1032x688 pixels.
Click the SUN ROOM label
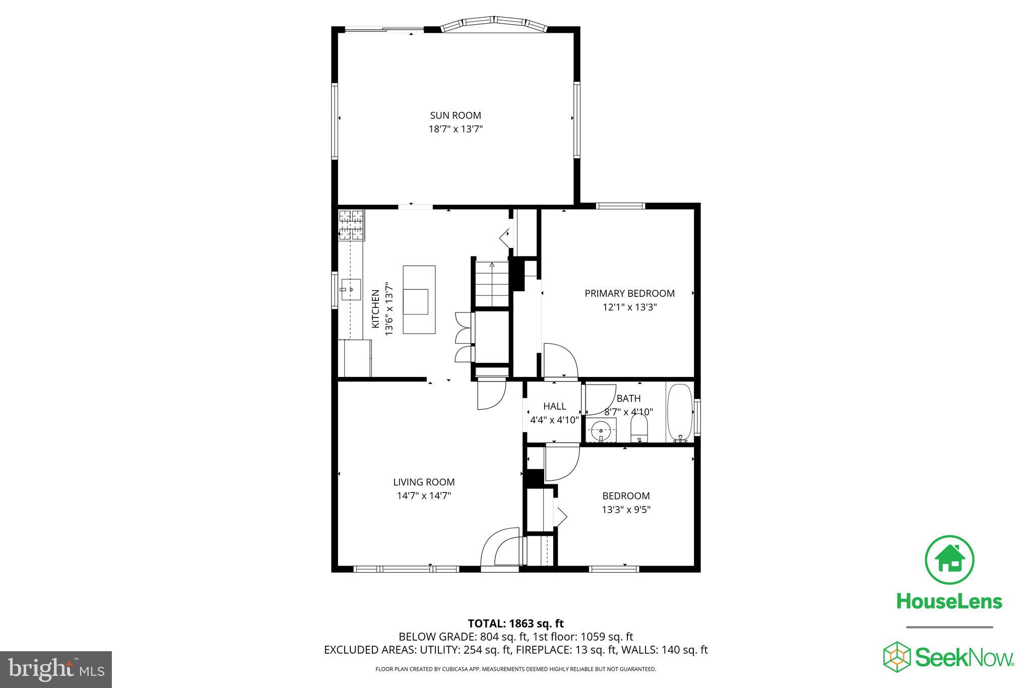click(455, 115)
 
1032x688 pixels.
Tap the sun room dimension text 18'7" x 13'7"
click(455, 129)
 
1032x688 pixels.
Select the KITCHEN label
click(375, 309)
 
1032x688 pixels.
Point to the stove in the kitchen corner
click(351, 225)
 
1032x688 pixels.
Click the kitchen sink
click(351, 289)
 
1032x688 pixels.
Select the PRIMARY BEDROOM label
click(629, 293)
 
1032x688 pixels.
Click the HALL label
click(554, 406)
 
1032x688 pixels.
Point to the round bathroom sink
click(601, 430)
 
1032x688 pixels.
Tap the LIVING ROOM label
click(424, 482)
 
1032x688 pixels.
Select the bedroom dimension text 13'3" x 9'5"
click(626, 510)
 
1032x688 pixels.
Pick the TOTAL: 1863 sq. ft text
click(515, 623)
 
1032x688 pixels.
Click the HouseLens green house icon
click(949, 560)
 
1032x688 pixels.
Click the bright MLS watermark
click(56, 669)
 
